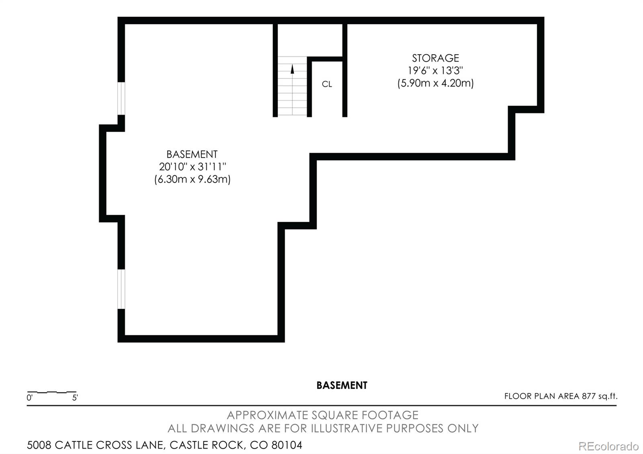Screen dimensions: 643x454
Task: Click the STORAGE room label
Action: tap(436, 58)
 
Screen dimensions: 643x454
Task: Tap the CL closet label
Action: tap(327, 84)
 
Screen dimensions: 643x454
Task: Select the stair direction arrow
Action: tap(292, 69)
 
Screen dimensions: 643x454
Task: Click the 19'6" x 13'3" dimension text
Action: tap(436, 71)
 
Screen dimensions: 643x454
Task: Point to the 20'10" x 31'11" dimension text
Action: tap(192, 166)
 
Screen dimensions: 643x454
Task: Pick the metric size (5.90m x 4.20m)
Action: tap(436, 83)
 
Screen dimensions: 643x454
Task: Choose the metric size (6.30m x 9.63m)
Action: tap(192, 179)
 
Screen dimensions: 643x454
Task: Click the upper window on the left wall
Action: tap(121, 98)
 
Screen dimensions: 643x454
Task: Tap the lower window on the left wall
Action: tap(121, 289)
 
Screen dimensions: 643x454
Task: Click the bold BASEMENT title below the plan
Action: tap(342, 385)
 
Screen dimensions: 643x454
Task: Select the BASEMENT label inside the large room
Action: tap(192, 154)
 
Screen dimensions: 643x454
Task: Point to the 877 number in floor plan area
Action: tap(589, 396)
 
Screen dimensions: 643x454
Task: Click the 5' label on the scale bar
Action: tap(75, 398)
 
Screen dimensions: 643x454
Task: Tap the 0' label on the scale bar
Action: tap(30, 398)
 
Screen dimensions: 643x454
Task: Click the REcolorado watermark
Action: tap(608, 446)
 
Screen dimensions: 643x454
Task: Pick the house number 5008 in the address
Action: tap(39, 445)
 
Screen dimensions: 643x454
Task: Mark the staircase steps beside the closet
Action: tap(292, 86)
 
